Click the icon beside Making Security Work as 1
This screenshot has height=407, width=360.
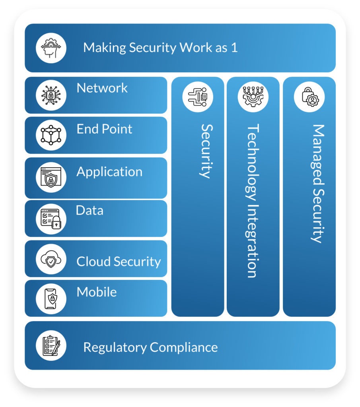[51, 48]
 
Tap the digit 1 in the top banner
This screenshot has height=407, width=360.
[234, 48]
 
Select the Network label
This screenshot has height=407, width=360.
[102, 88]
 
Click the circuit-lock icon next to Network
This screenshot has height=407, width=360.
[51, 95]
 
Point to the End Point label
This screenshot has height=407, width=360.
[104, 129]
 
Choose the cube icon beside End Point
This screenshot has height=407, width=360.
[51, 135]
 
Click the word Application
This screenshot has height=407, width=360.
[109, 172]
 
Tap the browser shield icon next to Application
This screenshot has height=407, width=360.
[51, 178]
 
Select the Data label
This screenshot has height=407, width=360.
[90, 210]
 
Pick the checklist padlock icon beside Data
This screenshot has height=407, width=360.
[51, 218]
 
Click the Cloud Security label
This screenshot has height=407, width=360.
[119, 262]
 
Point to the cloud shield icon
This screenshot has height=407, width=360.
[51, 259]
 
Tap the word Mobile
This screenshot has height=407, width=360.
[97, 292]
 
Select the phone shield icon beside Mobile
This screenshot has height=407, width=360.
[51, 298]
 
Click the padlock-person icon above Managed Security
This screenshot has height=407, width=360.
[309, 97]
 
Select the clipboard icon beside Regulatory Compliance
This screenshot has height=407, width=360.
[51, 345]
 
